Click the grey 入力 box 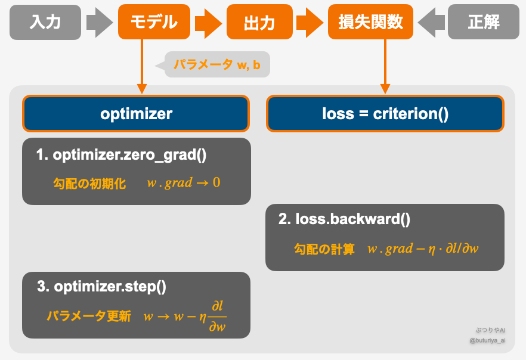(x=45, y=22)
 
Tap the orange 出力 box (x=259, y=23)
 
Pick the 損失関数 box (x=370, y=22)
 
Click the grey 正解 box (x=484, y=22)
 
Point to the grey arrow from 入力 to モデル (x=99, y=23)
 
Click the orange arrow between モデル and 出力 (x=208, y=23)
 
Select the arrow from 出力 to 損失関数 (x=310, y=23)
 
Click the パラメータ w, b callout (x=217, y=65)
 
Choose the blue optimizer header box (x=136, y=114)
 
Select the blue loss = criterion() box (x=385, y=114)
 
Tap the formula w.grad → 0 (x=184, y=183)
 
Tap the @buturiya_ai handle (x=487, y=341)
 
